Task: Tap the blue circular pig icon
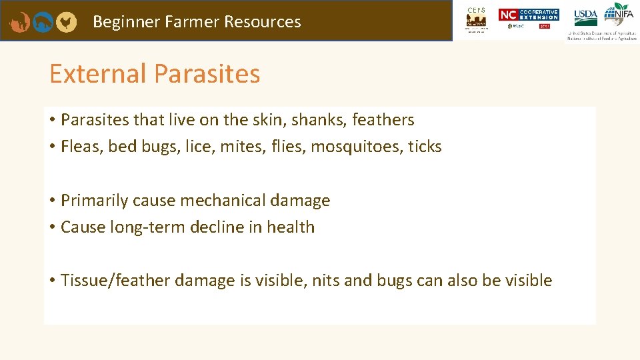tap(43, 22)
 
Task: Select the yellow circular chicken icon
tap(65, 22)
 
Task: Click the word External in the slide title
tap(97, 73)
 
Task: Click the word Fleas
tap(81, 147)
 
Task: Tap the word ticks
tap(425, 147)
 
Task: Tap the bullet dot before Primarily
tap(51, 201)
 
